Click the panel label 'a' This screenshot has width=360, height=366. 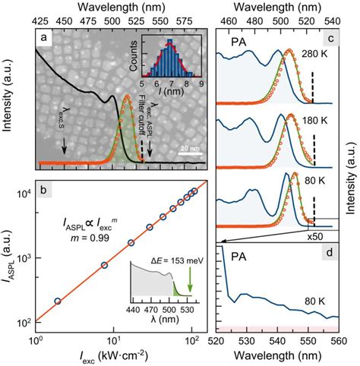[x=45, y=36]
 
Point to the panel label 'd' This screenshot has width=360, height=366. [x=331, y=251]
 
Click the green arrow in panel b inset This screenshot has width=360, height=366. [x=188, y=281]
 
